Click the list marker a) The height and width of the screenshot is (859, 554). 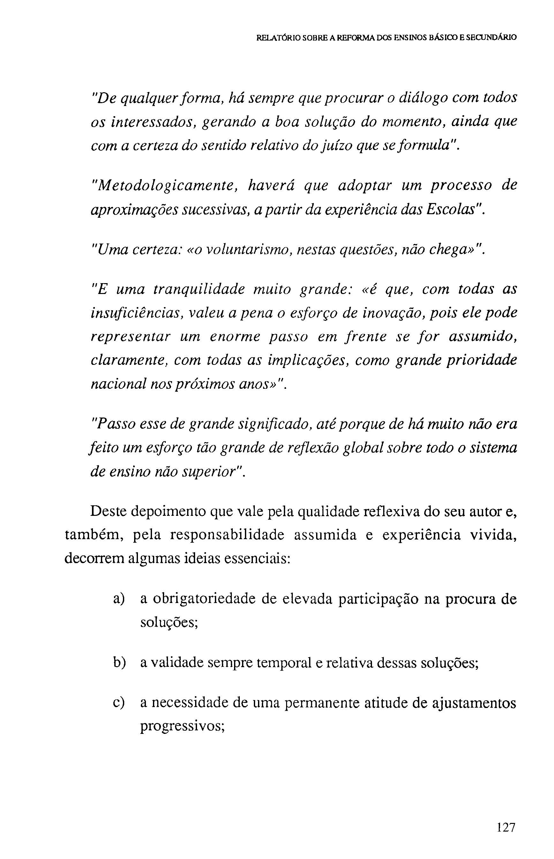click(x=119, y=599)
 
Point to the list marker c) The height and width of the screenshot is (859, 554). click(x=119, y=702)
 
